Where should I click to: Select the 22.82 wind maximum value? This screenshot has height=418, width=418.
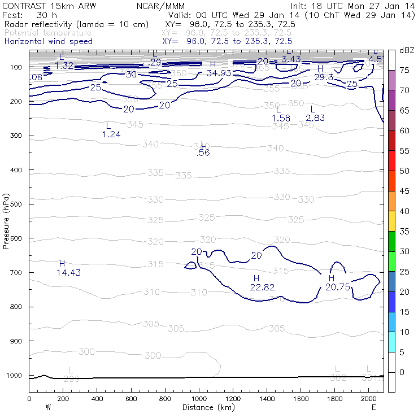pyautogui.click(x=262, y=288)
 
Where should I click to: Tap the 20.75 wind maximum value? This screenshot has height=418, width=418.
pyautogui.click(x=338, y=288)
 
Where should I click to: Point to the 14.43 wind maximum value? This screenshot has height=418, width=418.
pyautogui.click(x=68, y=273)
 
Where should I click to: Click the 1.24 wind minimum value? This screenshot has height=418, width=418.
pyautogui.click(x=111, y=134)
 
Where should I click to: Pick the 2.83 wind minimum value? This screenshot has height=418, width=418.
pyautogui.click(x=315, y=117)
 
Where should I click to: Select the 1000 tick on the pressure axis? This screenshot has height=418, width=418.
pyautogui.click(x=16, y=376)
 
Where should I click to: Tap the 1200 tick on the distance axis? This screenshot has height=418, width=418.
pyautogui.click(x=233, y=399)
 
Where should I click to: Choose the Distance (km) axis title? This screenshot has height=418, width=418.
pyautogui.click(x=207, y=407)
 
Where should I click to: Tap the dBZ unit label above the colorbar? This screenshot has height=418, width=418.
pyautogui.click(x=406, y=50)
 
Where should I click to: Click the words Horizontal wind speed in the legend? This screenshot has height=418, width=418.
pyautogui.click(x=49, y=41)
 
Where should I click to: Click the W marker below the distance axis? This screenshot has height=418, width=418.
pyautogui.click(x=47, y=407)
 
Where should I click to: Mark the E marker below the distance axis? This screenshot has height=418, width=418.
pyautogui.click(x=373, y=407)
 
